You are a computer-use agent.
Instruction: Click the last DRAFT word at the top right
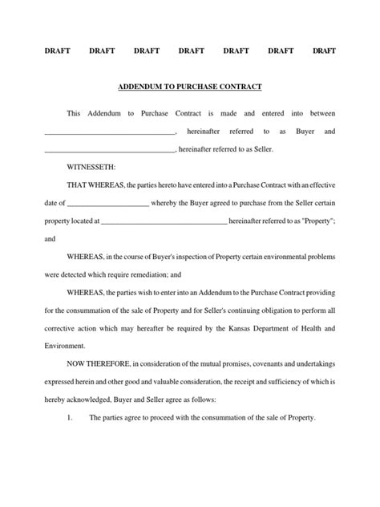coord(323,51)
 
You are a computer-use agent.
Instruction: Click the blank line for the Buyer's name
coord(109,132)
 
